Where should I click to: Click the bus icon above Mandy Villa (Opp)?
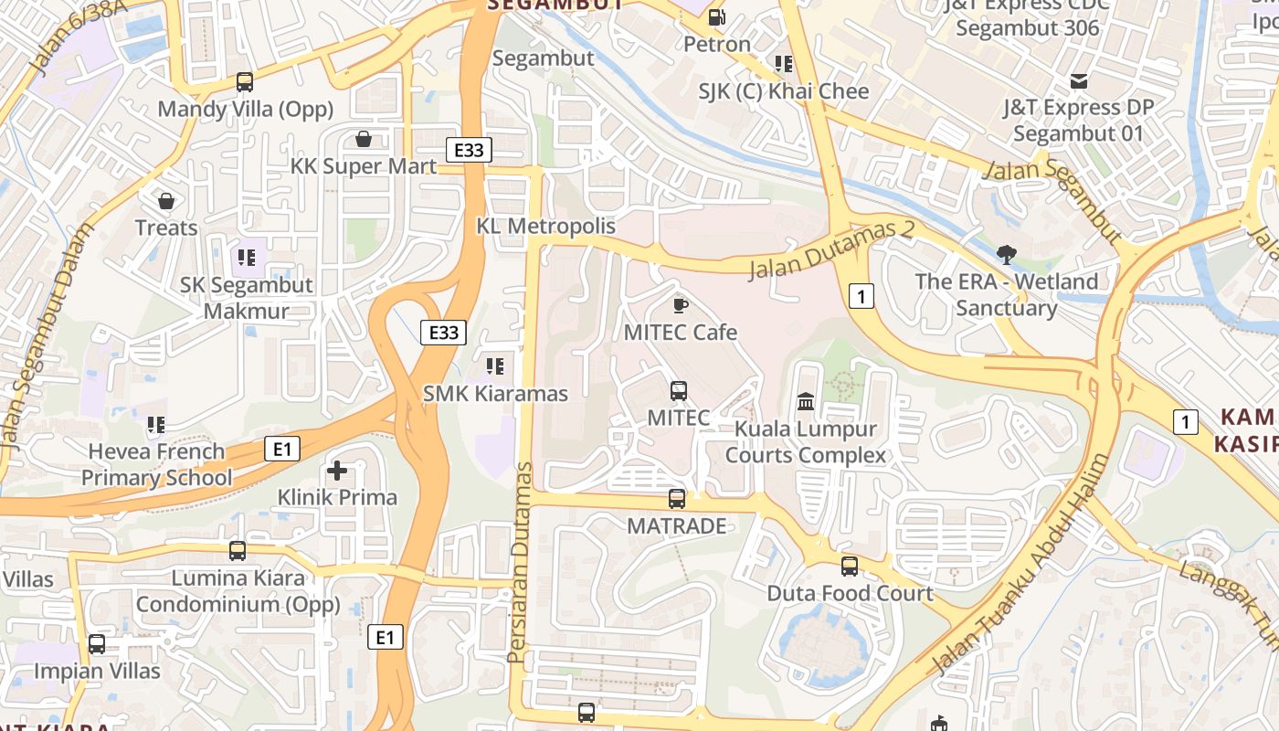[244, 82]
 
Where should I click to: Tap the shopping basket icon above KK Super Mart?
[363, 139]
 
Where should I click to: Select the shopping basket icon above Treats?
[166, 200]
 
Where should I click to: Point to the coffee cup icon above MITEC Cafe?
[680, 304]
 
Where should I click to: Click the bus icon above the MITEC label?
[678, 391]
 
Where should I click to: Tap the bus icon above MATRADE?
[676, 499]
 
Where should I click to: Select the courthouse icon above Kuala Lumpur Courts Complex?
[806, 401]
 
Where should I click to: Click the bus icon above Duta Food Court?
[849, 567]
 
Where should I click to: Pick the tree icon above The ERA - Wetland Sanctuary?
[1007, 253]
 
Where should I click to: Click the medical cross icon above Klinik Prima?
[337, 471]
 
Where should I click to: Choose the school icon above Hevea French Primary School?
[156, 424]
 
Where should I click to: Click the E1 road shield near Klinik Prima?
[281, 449]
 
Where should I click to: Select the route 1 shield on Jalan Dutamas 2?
[861, 295]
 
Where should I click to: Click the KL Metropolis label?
[545, 226]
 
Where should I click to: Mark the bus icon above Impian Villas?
[97, 644]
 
